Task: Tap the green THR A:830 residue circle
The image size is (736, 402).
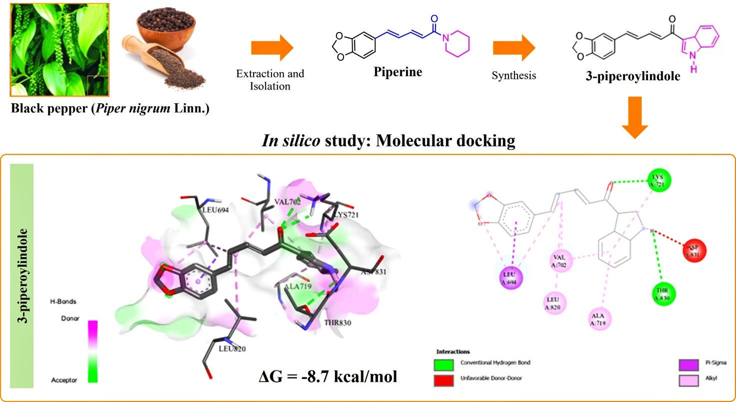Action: (x=663, y=293)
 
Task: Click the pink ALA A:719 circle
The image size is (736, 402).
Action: (x=598, y=319)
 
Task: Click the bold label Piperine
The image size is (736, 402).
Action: (x=398, y=72)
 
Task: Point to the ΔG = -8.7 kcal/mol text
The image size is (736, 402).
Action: (x=325, y=374)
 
